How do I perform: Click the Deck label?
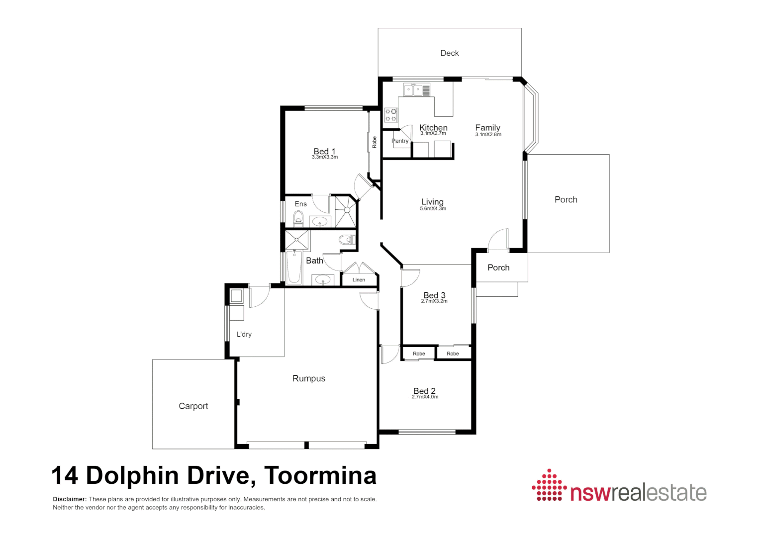pos(450,53)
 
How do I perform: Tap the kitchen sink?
pos(416,90)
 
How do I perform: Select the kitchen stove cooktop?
pos(391,115)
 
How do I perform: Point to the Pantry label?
pos(400,141)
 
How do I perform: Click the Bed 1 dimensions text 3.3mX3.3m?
pos(325,157)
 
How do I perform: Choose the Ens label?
pos(301,204)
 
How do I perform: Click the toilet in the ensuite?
pos(298,218)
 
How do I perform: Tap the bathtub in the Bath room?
pos(294,267)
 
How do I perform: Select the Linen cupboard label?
pos(359,280)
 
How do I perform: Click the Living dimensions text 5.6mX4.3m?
pos(433,209)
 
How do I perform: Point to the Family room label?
pos(487,128)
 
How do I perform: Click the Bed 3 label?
pos(434,295)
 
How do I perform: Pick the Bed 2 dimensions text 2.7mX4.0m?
pos(425,397)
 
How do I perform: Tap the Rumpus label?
pos(309,378)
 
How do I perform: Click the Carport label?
pos(193,406)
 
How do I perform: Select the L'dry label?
pos(244,334)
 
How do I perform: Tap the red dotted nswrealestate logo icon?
pos(549,485)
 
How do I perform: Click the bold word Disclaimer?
pos(70,499)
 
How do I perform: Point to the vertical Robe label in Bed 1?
pos(375,142)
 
